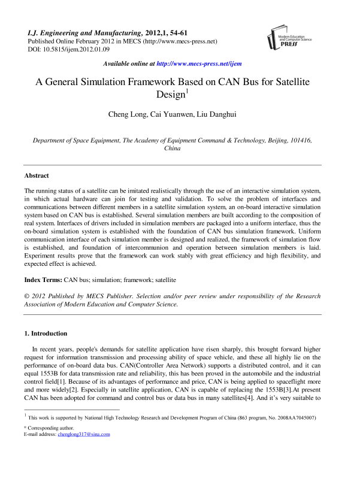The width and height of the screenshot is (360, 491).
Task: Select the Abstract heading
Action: pyautogui.click(x=37, y=176)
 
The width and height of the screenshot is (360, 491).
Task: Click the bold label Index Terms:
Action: pyautogui.click(x=43, y=280)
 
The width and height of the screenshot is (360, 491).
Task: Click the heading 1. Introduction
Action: pyautogui.click(x=46, y=333)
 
